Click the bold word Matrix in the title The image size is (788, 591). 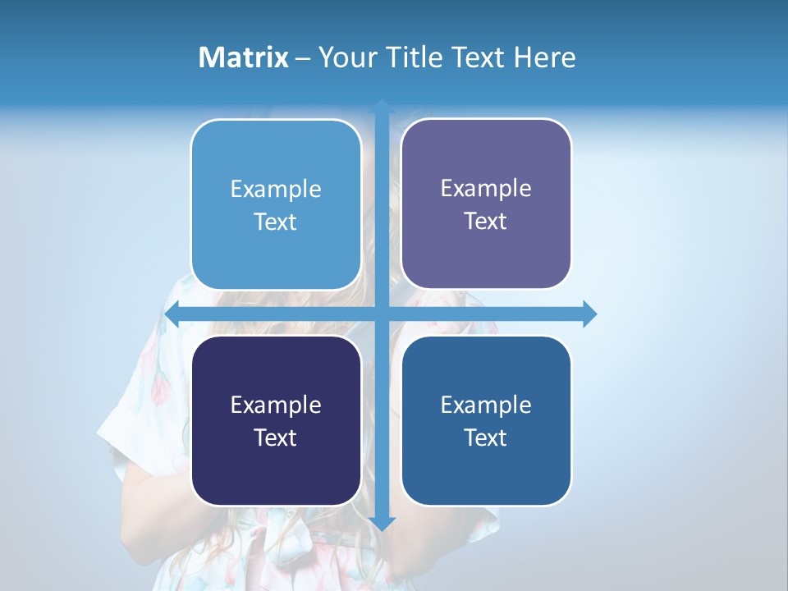pyautogui.click(x=243, y=57)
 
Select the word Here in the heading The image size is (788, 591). pyautogui.click(x=544, y=57)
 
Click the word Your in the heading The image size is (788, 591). pyautogui.click(x=348, y=58)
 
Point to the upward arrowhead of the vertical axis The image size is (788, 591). pyautogui.click(x=382, y=107)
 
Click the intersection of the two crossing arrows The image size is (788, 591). pyautogui.click(x=382, y=314)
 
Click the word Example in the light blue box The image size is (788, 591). pyautogui.click(x=276, y=190)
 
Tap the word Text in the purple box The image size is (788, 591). pyautogui.click(x=486, y=221)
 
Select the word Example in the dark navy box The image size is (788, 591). pyautogui.click(x=276, y=405)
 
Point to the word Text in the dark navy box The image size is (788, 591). pyautogui.click(x=276, y=438)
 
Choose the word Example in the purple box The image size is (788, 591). pyautogui.click(x=486, y=189)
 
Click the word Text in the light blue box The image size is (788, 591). pyautogui.click(x=276, y=222)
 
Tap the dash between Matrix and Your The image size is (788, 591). pyautogui.click(x=302, y=58)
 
